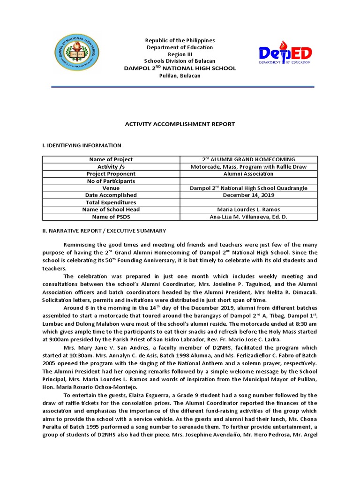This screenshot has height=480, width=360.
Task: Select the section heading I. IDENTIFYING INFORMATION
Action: (82, 146)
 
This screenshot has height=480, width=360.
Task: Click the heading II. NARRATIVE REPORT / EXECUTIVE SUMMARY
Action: (104, 231)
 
